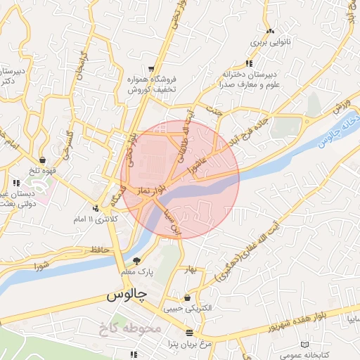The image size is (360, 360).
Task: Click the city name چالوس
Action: (125, 295)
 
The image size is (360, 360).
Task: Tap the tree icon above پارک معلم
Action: (136, 260)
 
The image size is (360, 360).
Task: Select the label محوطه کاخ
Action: (132, 328)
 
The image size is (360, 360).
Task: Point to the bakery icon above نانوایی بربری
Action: (271, 31)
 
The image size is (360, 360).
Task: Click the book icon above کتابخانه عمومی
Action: (304, 344)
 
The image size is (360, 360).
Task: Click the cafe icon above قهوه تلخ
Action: (44, 160)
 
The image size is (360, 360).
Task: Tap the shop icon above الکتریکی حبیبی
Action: (186, 297)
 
